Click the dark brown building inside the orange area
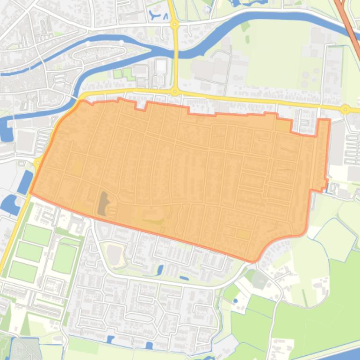pyautogui.click(x=102, y=204)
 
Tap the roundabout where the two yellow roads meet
pyautogui.click(x=175, y=92)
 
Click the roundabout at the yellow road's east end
pyautogui.click(x=346, y=109)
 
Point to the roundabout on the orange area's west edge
pyautogui.click(x=37, y=163)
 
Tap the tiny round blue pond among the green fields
pyautogui.click(x=235, y=301)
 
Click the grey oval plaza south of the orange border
pyautogui.click(x=114, y=254)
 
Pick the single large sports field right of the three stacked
pyautogui.click(x=65, y=259)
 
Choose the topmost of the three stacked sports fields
pyautogui.click(x=36, y=235)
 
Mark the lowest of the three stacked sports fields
pyautogui.click(x=22, y=272)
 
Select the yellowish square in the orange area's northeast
pyautogui.click(x=282, y=125)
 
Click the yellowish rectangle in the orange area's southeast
pyautogui.click(x=243, y=234)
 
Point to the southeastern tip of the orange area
pyautogui.click(x=252, y=260)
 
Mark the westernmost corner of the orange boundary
pyautogui.click(x=31, y=192)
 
